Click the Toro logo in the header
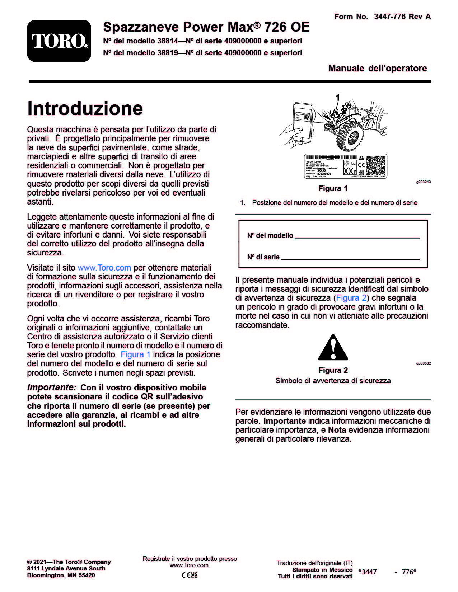59,41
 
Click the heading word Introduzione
85,108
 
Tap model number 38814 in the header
167,41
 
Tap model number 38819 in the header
167,53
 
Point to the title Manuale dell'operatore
378,69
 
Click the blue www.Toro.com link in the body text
104,268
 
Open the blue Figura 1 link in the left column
135,354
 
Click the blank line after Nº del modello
357,237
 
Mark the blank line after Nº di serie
350,258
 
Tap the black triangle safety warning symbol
333,348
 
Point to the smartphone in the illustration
302,121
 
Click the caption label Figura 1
333,188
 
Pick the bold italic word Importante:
52,387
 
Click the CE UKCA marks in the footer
190,575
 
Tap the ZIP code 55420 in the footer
87,575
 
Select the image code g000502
424,363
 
